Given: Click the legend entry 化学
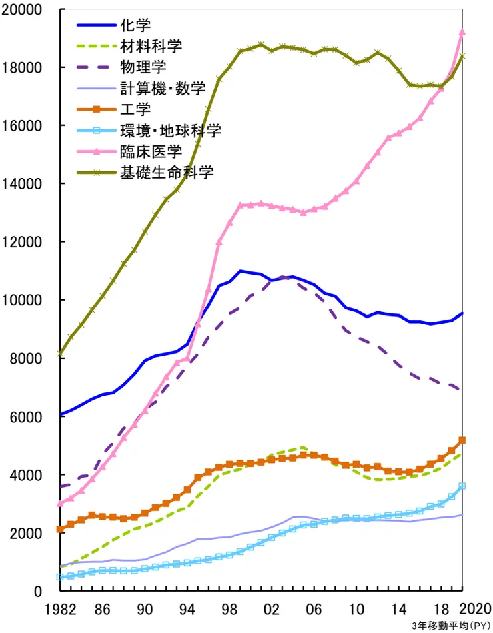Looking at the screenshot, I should (136, 25).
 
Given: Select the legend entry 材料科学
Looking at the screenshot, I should (151, 46).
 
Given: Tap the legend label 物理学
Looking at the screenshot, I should (143, 67).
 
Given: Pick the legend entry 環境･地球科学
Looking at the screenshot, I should (170, 129).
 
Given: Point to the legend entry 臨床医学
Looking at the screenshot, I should (151, 151).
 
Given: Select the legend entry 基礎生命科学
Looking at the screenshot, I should (167, 172).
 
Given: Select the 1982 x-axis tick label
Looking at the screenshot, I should (60, 608).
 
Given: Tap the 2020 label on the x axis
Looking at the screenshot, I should (477, 608).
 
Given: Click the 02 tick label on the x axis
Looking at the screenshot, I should (271, 608).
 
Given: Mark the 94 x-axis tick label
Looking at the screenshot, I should (187, 608).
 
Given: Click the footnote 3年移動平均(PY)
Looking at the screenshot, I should (450, 626).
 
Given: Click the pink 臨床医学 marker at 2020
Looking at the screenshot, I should (462, 32).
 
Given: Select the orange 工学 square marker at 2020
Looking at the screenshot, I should (462, 440).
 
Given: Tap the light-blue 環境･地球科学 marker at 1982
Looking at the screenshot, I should (61, 577).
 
